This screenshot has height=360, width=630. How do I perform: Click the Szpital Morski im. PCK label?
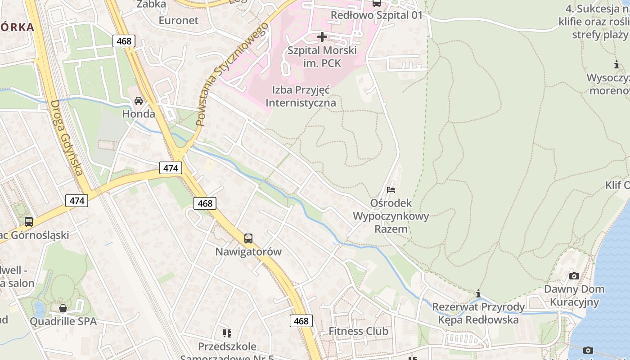322,57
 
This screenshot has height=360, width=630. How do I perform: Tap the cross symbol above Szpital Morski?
322,36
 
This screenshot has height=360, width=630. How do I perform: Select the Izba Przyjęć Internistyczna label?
301,96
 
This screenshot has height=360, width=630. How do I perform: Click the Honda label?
139,114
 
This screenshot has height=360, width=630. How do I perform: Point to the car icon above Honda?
139,100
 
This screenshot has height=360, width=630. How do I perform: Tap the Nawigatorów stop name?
248,252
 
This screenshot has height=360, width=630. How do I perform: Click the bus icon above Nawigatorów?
248,238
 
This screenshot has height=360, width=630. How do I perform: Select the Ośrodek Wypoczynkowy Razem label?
391,216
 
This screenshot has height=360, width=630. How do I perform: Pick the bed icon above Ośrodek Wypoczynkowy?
391,189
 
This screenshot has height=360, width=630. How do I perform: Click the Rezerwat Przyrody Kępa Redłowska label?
478,313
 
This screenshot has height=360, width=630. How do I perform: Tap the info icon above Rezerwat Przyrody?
478,294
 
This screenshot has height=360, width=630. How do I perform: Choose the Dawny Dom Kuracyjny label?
574,295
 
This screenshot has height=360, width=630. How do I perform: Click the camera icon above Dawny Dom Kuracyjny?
574,276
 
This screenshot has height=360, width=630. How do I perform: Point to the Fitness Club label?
358,331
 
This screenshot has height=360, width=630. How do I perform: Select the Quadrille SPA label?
63,321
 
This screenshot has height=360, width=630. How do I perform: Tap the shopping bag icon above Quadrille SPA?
63,308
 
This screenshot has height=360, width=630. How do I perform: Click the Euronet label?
179,20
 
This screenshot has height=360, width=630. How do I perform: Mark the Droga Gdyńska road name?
67,137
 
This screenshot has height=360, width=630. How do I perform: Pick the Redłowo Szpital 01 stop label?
377,15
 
